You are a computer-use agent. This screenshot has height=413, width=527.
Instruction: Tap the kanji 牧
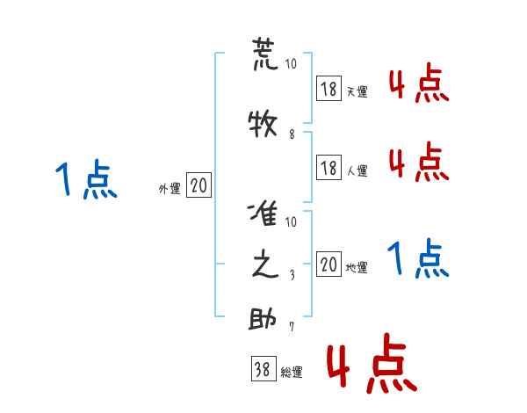264,123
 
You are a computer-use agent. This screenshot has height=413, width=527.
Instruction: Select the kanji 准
264,214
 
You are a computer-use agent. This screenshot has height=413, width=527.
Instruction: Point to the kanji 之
264,266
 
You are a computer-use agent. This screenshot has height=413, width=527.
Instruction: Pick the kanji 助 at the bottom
264,319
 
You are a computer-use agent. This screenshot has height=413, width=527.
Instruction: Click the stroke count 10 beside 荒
292,65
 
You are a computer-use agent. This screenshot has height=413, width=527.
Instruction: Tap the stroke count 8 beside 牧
292,134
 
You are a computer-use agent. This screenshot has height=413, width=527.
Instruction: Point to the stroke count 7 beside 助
292,329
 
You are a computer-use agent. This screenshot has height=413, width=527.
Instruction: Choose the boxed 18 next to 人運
328,167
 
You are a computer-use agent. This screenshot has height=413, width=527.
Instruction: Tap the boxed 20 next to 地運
328,264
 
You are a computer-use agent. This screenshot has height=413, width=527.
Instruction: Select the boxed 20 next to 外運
199,185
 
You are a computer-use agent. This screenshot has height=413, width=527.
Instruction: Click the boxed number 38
263,369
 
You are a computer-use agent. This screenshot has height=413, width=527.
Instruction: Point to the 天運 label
357,91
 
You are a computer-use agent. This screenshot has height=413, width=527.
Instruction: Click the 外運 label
170,188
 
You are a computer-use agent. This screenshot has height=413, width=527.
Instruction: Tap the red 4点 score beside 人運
417,163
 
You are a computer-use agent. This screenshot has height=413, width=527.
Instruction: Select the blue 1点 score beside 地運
417,259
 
